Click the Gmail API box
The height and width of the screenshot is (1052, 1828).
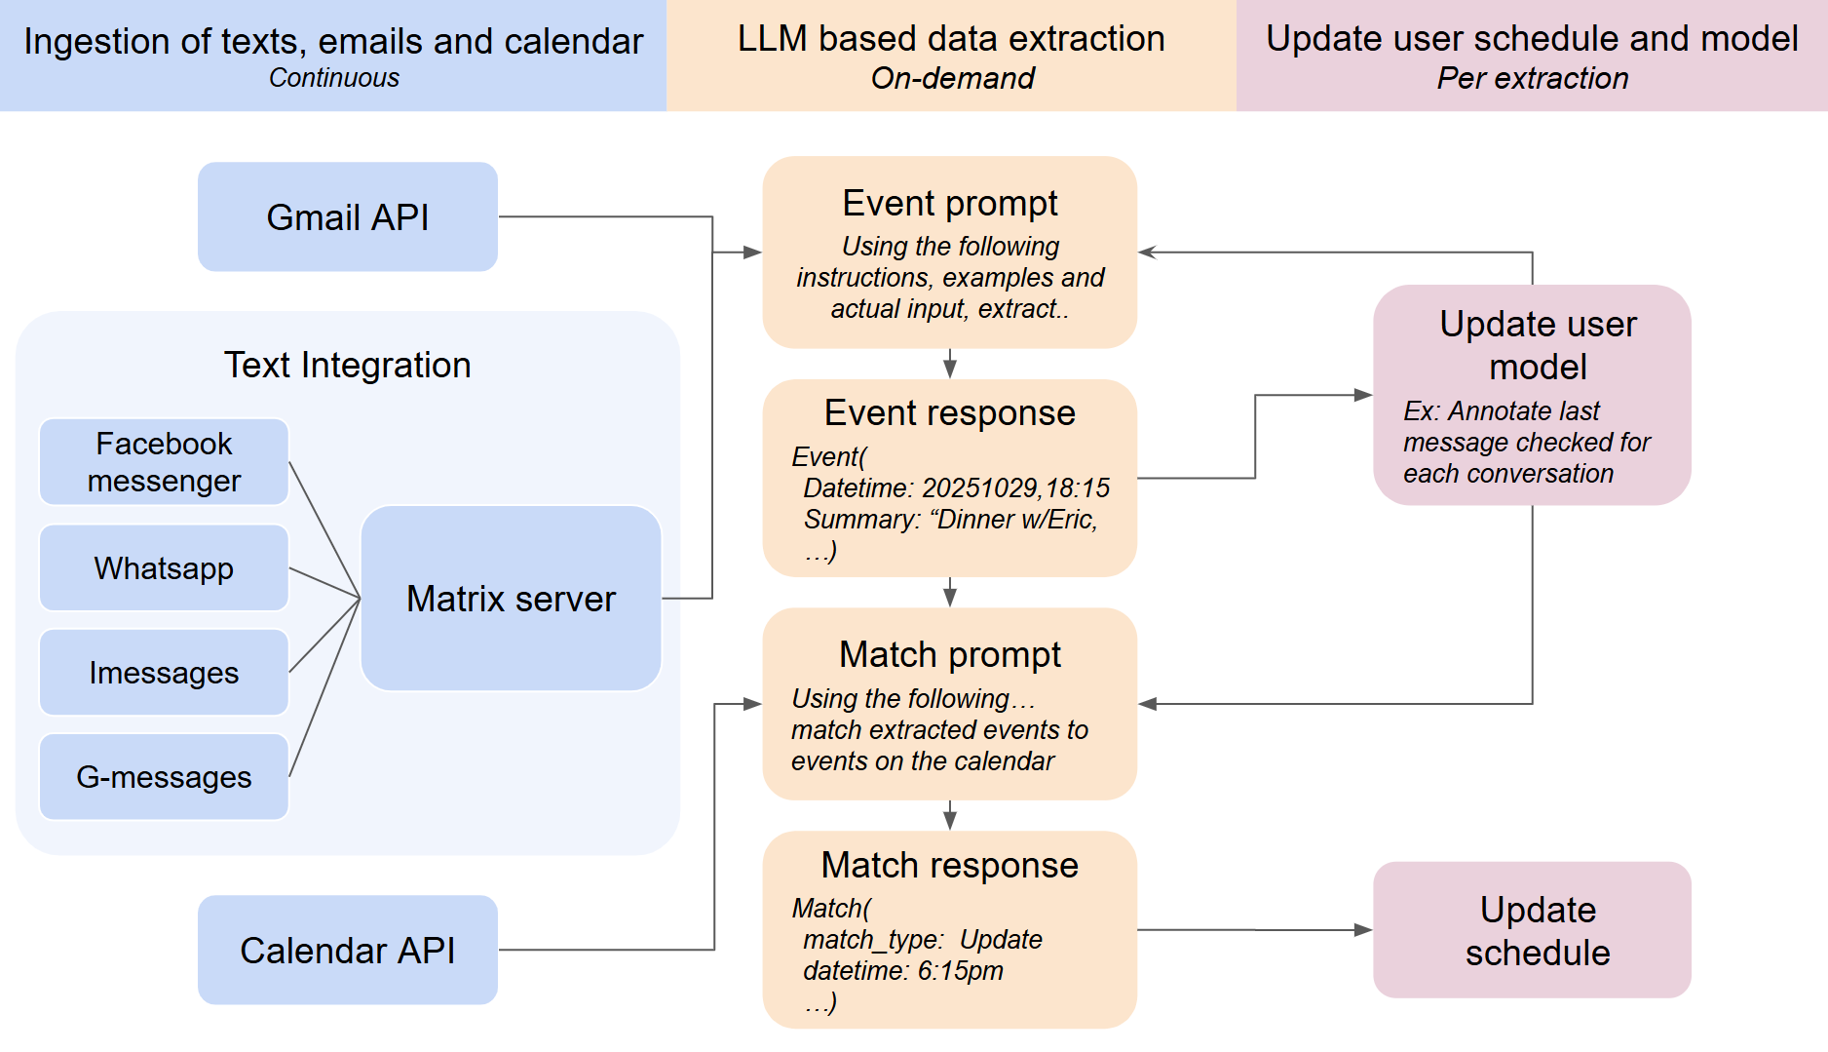(348, 216)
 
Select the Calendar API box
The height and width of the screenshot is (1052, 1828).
(348, 950)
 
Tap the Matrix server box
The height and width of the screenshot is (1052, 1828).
(511, 598)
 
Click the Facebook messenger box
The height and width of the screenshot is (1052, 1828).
(164, 462)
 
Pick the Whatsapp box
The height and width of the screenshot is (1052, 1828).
(164, 567)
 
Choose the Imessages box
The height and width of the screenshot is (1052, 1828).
(164, 672)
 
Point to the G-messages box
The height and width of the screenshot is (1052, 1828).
(164, 776)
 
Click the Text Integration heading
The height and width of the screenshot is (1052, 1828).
(348, 365)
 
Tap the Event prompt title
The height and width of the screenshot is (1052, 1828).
(950, 203)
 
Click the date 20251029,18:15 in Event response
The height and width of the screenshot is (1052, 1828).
(1015, 487)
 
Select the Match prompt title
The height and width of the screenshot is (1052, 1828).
(950, 654)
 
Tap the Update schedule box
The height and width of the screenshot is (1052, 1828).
(1537, 930)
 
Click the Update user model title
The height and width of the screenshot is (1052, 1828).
(1538, 345)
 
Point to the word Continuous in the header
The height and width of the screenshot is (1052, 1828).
(334, 78)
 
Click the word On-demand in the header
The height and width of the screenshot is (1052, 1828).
(952, 78)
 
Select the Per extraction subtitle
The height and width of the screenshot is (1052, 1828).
(1532, 78)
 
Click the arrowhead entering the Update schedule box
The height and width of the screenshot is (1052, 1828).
(1363, 930)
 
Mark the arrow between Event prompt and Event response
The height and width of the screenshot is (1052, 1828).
(950, 366)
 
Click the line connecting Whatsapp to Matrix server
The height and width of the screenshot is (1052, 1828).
(324, 582)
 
